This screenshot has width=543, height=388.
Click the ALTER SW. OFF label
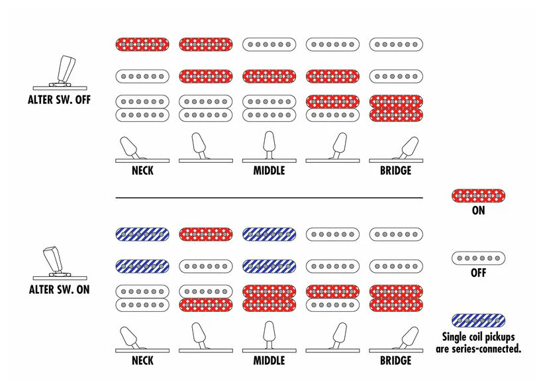click(x=59, y=100)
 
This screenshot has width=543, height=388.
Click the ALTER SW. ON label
click(x=59, y=289)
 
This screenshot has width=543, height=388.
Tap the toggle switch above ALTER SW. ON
click(x=59, y=263)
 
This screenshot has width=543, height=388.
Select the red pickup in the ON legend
click(x=478, y=196)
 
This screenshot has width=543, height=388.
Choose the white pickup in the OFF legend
click(x=478, y=258)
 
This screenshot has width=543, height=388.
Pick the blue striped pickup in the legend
click(x=478, y=321)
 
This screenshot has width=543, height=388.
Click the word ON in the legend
click(x=478, y=211)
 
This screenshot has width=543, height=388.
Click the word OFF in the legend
click(x=478, y=273)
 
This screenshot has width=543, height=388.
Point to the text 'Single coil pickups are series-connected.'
click(x=478, y=343)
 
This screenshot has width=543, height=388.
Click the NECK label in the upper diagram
click(x=142, y=171)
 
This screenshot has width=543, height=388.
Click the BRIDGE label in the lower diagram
click(x=396, y=361)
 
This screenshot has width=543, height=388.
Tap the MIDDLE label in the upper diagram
click(x=269, y=171)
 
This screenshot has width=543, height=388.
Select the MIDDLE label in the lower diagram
click(x=269, y=361)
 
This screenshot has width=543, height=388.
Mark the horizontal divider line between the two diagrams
click(x=269, y=198)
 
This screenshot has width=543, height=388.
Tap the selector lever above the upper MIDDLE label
click(x=269, y=146)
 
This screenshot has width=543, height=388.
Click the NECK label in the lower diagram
click(x=142, y=361)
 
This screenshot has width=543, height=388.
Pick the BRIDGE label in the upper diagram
click(x=396, y=171)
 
